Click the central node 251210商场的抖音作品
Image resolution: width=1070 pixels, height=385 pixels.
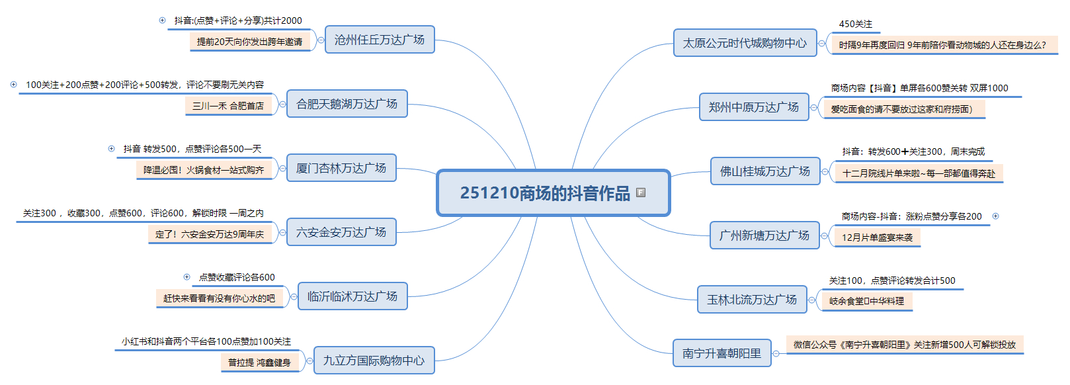[545, 192]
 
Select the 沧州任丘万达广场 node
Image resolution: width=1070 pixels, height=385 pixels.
[380, 40]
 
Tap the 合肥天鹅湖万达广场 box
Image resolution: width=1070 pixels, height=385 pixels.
[347, 104]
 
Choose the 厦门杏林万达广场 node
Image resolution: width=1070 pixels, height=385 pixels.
[341, 168]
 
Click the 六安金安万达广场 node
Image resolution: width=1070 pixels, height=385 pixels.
[341, 232]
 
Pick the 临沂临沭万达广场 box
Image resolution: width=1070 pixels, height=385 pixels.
[352, 296]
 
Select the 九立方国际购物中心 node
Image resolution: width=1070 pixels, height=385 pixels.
[374, 361]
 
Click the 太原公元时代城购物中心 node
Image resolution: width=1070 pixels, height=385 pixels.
[745, 43]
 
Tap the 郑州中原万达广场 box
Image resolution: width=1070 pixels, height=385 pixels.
[754, 107]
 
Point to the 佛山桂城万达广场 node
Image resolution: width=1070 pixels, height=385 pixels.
[765, 171]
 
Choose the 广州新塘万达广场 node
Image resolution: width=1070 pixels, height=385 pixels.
[764, 235]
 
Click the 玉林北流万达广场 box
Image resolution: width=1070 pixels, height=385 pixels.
[752, 300]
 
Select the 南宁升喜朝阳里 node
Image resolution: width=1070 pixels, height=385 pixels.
[721, 353]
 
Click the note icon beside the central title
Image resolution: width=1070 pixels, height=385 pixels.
[640, 192]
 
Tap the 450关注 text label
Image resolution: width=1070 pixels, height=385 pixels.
[855, 24]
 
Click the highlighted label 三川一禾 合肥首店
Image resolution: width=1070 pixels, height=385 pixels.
[228, 106]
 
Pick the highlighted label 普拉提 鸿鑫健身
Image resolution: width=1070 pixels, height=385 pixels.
[259, 363]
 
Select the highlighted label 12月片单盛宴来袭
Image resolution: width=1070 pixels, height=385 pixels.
[877, 237]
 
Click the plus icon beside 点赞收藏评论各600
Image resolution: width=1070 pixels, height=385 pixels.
[186, 277]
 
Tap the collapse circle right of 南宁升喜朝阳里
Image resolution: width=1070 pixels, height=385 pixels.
[776, 353]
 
